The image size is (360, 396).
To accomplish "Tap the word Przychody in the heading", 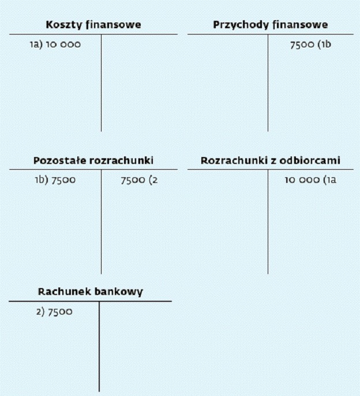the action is [241, 25].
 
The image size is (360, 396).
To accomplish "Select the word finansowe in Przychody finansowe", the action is [300, 25].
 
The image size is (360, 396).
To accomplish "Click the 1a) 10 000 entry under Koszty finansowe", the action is [55, 44].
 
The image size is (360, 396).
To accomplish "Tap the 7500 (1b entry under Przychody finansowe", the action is [310, 44].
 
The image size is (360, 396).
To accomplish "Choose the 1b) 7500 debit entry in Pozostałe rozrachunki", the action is [55, 180].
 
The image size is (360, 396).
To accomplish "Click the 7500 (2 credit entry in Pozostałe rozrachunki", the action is [139, 180].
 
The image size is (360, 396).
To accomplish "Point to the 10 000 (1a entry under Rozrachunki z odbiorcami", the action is [310, 180].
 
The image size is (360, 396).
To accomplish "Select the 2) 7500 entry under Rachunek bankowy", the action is [54, 312].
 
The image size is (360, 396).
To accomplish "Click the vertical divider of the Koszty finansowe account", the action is [101, 83].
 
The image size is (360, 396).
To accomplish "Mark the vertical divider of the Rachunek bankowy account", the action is [99, 346].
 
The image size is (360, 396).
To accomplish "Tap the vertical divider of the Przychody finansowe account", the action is [268, 83].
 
